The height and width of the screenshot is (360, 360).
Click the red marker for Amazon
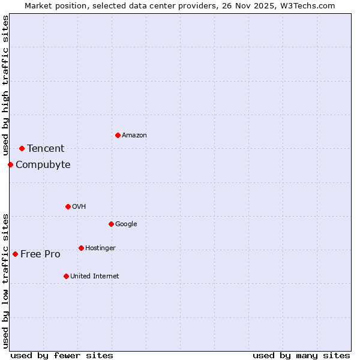click(x=118, y=135)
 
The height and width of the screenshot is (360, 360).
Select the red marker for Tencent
click(x=22, y=148)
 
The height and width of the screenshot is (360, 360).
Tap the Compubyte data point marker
click(x=10, y=164)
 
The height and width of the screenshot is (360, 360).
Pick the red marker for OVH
click(x=68, y=206)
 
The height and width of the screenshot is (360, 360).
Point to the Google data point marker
click(x=111, y=224)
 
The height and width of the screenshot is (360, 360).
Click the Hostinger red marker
click(x=81, y=248)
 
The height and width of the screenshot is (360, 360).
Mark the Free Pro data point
click(x=15, y=254)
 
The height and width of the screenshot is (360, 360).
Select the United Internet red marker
click(x=66, y=276)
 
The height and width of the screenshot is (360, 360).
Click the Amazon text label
click(x=134, y=136)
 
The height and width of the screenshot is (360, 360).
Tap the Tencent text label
click(x=46, y=149)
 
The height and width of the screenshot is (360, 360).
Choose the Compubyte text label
click(x=43, y=165)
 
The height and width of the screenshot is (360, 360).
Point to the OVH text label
click(x=79, y=207)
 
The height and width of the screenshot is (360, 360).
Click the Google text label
click(x=126, y=224)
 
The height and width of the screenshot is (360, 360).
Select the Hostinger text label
click(x=100, y=248)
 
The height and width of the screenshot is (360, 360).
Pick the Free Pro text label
click(x=40, y=254)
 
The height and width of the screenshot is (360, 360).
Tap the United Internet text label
click(x=95, y=277)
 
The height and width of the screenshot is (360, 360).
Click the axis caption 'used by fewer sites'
click(x=62, y=355)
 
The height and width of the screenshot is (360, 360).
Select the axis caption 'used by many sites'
click(x=301, y=355)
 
